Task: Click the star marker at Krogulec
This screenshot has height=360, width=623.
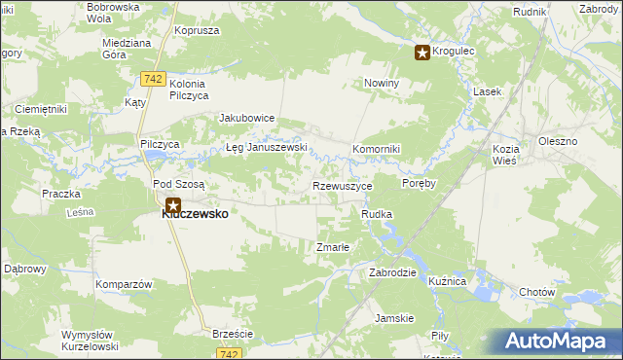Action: tap(422, 54)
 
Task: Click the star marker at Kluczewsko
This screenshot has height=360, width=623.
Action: tap(172, 206)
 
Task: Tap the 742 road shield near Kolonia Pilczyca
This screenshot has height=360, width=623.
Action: tap(152, 78)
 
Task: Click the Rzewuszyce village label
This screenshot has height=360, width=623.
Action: tap(342, 185)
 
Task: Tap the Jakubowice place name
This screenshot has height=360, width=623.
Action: tap(247, 118)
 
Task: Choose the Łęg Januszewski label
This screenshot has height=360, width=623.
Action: tap(267, 148)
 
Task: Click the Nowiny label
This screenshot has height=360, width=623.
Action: tap(382, 83)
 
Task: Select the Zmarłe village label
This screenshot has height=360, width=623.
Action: tap(333, 247)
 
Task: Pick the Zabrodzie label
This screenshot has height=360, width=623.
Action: tap(392, 272)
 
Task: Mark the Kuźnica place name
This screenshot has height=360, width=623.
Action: tap(448, 280)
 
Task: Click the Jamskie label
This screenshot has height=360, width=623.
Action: tap(395, 318)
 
